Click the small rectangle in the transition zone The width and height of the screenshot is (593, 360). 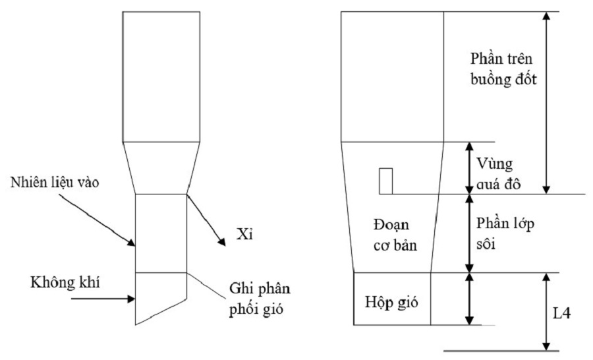(x=386, y=181)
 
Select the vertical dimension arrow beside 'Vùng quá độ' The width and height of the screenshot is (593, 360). (x=468, y=167)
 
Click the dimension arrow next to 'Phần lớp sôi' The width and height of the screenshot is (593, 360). (x=468, y=233)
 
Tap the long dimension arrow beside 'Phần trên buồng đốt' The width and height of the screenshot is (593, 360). (x=546, y=102)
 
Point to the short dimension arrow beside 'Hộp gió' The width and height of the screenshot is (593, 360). (x=468, y=299)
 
